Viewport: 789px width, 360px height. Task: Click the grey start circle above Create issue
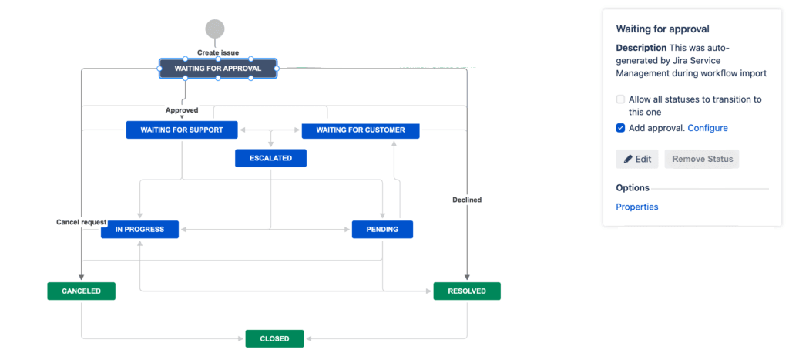(x=215, y=29)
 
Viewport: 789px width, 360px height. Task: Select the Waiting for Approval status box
(x=218, y=69)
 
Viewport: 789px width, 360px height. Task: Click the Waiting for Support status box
(x=182, y=130)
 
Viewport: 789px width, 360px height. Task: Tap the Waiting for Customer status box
(x=360, y=130)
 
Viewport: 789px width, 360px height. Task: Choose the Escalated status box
(x=270, y=158)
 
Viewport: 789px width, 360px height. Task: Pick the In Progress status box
(x=139, y=229)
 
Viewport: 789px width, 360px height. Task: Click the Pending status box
(x=382, y=229)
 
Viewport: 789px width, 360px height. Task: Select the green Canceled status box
(x=81, y=291)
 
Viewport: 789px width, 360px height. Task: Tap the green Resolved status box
(x=467, y=291)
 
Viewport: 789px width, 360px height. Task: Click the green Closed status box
(x=274, y=338)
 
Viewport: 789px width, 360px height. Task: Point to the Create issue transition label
(x=218, y=52)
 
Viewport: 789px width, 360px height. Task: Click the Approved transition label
(x=182, y=110)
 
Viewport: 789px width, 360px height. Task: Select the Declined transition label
(x=467, y=200)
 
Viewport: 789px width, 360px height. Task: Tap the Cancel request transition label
(x=81, y=222)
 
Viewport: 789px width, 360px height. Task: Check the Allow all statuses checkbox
(x=620, y=99)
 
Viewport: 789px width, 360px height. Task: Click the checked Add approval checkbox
(x=620, y=128)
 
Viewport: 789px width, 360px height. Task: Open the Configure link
(x=707, y=128)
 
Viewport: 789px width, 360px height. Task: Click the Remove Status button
(x=701, y=160)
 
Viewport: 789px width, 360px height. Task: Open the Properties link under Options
(x=636, y=207)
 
